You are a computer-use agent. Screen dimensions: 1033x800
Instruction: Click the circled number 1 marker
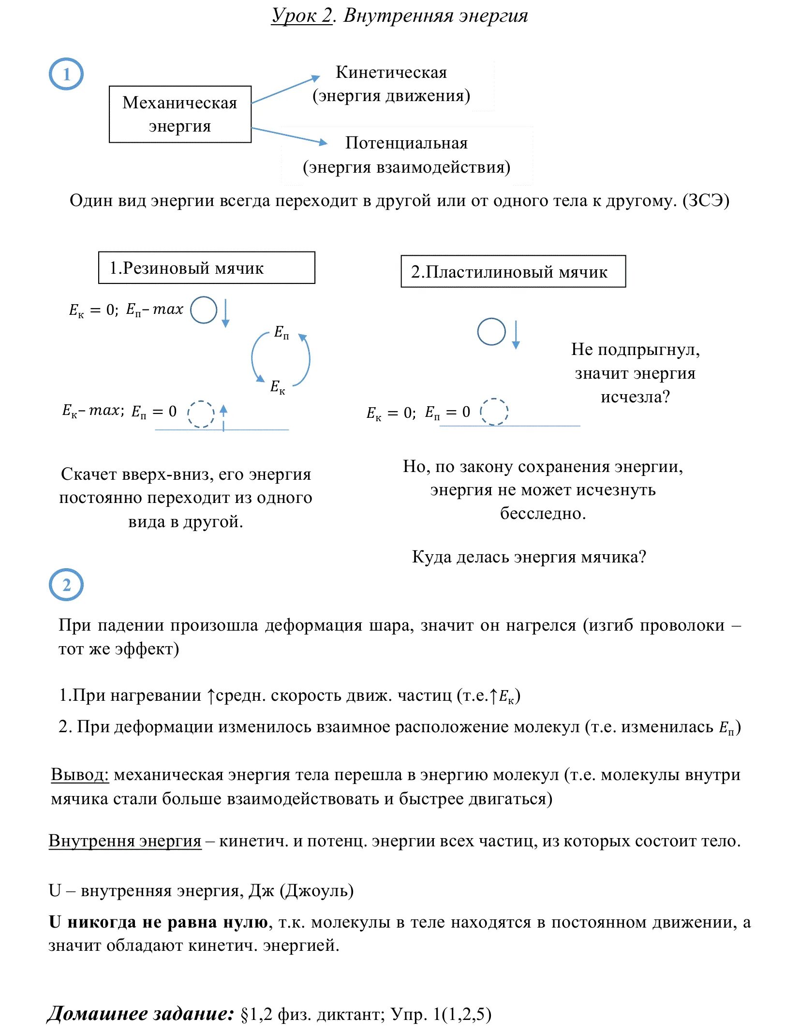pos(66,74)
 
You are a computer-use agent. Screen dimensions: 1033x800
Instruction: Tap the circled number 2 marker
pos(66,585)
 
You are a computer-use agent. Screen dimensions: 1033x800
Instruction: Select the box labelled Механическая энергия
pos(180,114)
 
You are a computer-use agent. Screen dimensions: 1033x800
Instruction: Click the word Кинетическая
pos(391,73)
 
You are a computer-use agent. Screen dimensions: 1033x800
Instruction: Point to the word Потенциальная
pos(406,143)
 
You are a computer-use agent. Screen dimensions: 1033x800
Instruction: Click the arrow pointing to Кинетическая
pos(286,89)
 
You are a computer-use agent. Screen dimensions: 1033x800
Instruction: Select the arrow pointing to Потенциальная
pos(289,136)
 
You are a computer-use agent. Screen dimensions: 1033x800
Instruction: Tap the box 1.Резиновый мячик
pos(207,267)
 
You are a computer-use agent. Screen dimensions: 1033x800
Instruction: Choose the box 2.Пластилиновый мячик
pos(513,271)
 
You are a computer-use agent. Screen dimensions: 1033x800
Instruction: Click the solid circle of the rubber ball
pos(204,310)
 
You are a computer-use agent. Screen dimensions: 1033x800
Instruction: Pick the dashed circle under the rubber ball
pos(201,414)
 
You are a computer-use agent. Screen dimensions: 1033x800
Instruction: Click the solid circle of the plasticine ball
pos(491,332)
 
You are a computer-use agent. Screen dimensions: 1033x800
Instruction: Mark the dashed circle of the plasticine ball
pos(494,412)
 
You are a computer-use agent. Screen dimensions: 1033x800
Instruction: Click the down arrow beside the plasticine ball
pos(516,334)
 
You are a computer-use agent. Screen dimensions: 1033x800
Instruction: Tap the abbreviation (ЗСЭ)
pos(706,201)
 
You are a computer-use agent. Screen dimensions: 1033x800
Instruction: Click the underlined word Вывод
pos(80,775)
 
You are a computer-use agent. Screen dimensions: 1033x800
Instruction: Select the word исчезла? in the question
pos(635,397)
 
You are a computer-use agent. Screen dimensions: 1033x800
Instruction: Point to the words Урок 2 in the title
pos(302,16)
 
